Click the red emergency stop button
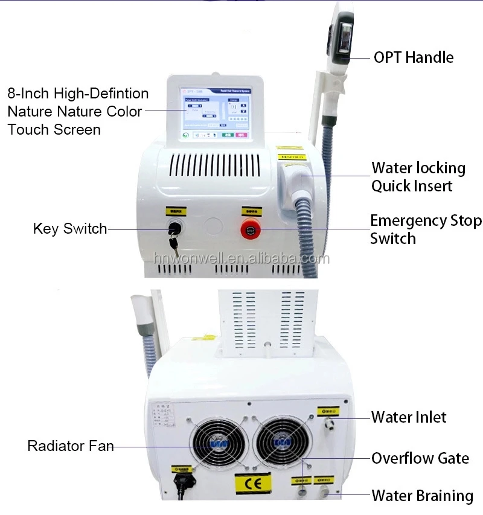click(249, 229)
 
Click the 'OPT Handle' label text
click(414, 57)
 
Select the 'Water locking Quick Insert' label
click(418, 176)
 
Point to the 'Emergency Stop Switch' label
click(426, 229)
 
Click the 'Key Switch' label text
click(69, 229)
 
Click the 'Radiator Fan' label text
click(70, 446)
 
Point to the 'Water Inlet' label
click(409, 417)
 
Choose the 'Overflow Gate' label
click(420, 458)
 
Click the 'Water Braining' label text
click(422, 496)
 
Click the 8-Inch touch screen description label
click(78, 112)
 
